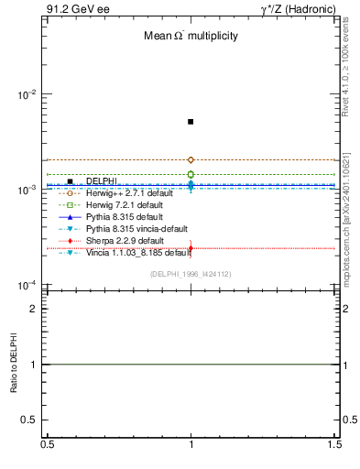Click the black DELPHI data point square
191,121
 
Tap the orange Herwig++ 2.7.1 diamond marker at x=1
191,159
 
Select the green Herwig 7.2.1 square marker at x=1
191,174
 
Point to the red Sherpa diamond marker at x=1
191,248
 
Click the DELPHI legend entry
101,181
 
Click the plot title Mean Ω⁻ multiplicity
191,37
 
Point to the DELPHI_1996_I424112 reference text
191,274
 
